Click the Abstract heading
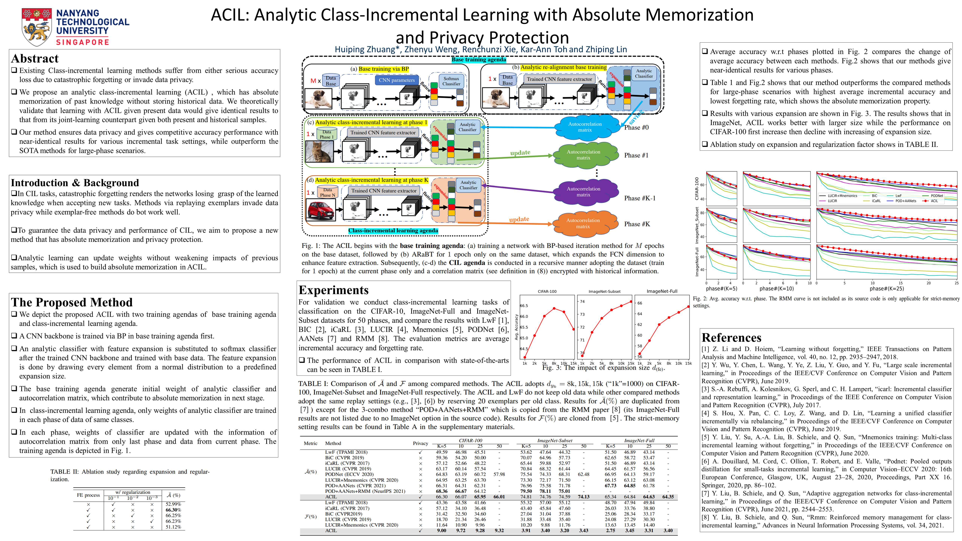pyautogui.click(x=35, y=59)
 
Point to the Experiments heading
pyautogui.click(x=334, y=290)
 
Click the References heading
pyautogui.click(x=731, y=338)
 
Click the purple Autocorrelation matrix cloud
pyautogui.click(x=583, y=192)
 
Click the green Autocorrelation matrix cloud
pyautogui.click(x=583, y=155)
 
